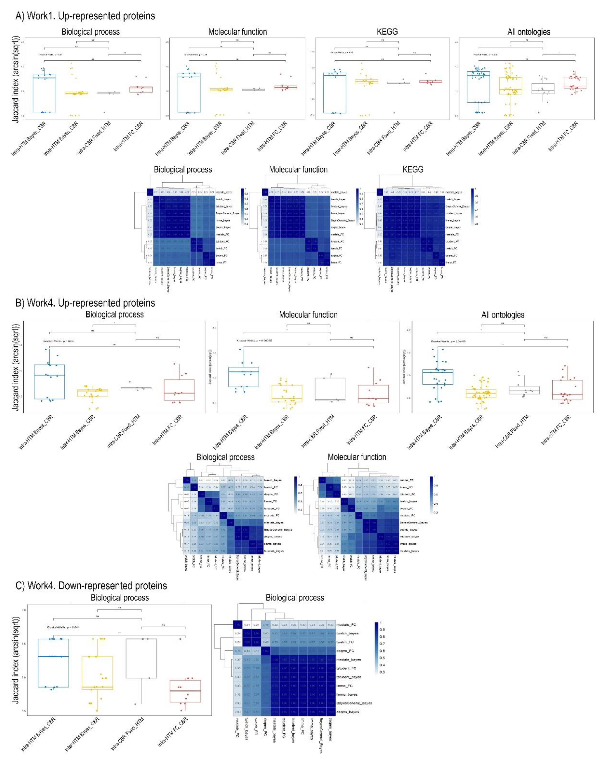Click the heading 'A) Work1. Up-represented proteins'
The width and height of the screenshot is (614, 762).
coord(85,16)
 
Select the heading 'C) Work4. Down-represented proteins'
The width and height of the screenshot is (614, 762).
coord(91,586)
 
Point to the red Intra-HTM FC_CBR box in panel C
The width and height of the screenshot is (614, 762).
coord(185,691)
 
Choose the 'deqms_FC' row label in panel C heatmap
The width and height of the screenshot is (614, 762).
coord(345,650)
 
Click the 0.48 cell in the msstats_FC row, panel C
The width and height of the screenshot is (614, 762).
coord(266,625)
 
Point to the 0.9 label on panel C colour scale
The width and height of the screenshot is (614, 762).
coord(382,630)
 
